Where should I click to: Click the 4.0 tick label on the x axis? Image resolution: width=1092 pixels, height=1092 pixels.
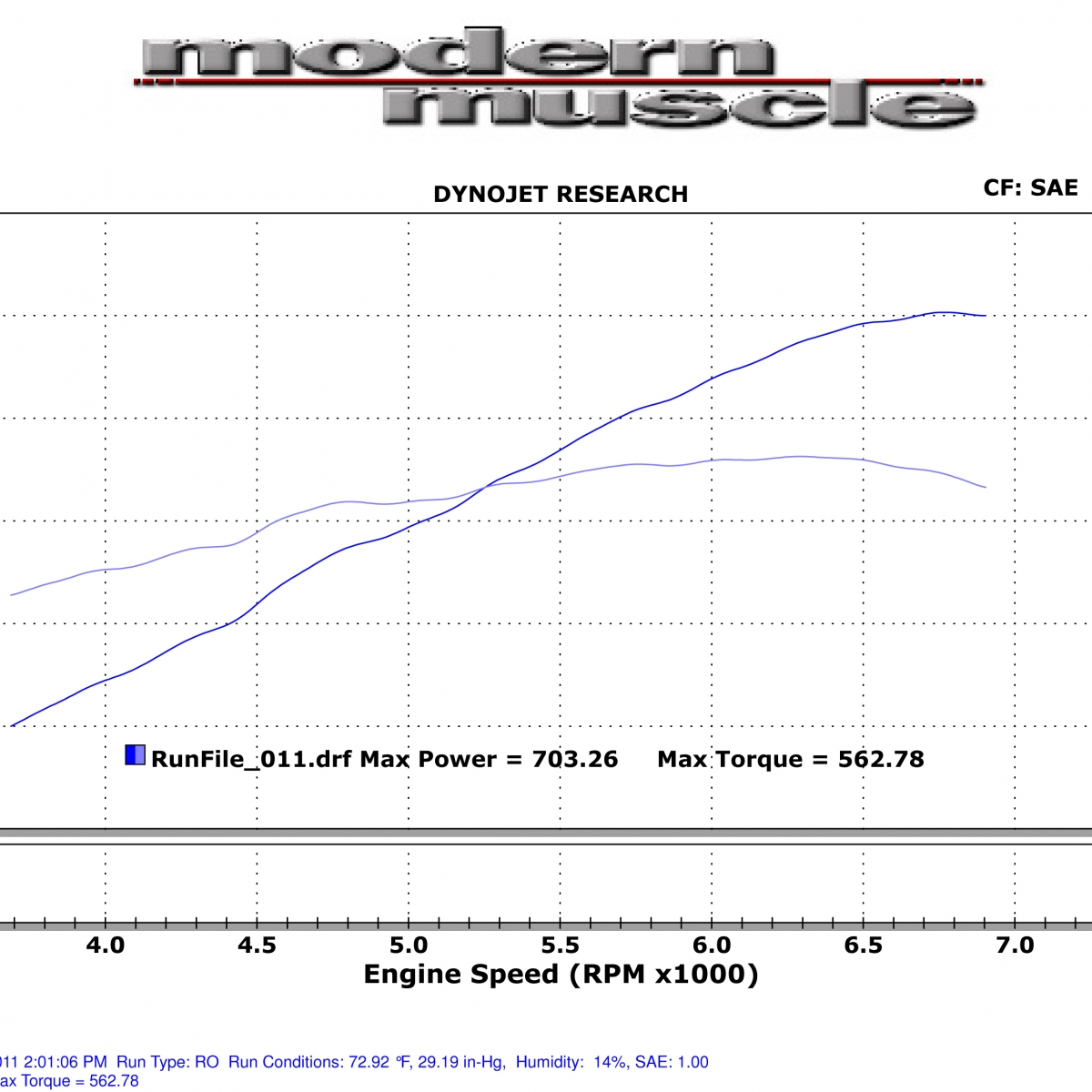pos(106,945)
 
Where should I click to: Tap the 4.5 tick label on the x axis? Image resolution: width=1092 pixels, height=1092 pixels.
pos(257,945)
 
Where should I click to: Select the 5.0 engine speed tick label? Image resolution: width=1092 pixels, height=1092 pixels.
pos(409,945)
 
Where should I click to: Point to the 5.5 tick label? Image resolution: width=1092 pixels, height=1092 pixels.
pos(560,945)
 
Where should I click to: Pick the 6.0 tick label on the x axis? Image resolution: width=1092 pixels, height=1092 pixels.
pos(712,945)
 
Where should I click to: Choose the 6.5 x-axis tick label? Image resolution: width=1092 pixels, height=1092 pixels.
pos(863,945)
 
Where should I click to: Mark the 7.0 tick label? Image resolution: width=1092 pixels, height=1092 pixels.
pos(1015,945)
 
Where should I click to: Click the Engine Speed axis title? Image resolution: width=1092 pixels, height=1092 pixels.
pos(561,975)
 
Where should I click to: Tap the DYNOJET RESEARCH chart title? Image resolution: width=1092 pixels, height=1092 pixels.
pos(561,195)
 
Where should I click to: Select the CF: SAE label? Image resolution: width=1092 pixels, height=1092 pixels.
pos(1030,188)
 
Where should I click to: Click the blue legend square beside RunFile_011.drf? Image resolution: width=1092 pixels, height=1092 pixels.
pos(135,754)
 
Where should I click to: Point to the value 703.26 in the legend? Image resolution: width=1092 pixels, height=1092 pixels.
pos(574,759)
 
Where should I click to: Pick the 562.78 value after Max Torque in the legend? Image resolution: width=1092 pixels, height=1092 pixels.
pos(880,759)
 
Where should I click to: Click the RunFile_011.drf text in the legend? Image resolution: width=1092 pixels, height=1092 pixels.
pos(251,759)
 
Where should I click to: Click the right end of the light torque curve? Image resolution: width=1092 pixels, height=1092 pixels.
pos(986,488)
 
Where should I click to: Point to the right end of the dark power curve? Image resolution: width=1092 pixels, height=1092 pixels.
pos(986,316)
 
